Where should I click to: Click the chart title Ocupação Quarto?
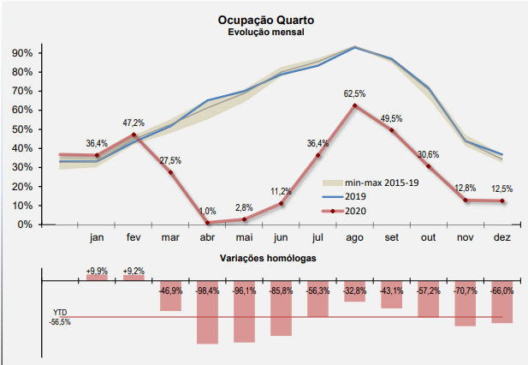(x=267, y=19)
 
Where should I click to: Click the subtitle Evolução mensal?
(x=267, y=32)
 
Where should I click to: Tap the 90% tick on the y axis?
(x=22, y=53)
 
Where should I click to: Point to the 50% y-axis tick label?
(x=22, y=129)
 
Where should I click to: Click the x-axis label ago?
(x=354, y=237)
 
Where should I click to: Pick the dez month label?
(x=501, y=237)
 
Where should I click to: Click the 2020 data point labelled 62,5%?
(x=354, y=105)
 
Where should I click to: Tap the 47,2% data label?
(x=133, y=123)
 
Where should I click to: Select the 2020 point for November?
(x=465, y=200)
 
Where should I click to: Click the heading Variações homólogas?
(x=268, y=258)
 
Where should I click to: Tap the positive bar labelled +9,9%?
(x=97, y=277)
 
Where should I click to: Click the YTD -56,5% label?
(x=60, y=317)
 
